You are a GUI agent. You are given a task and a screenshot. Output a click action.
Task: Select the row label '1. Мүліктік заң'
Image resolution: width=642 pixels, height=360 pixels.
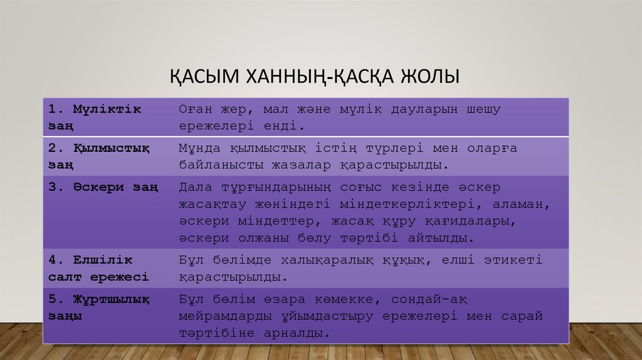click(x=95, y=117)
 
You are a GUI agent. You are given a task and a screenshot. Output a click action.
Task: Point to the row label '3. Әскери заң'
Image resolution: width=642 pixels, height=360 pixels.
click(x=104, y=187)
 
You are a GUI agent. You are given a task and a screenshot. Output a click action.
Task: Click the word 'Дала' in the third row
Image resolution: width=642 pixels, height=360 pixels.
click(x=194, y=187)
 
